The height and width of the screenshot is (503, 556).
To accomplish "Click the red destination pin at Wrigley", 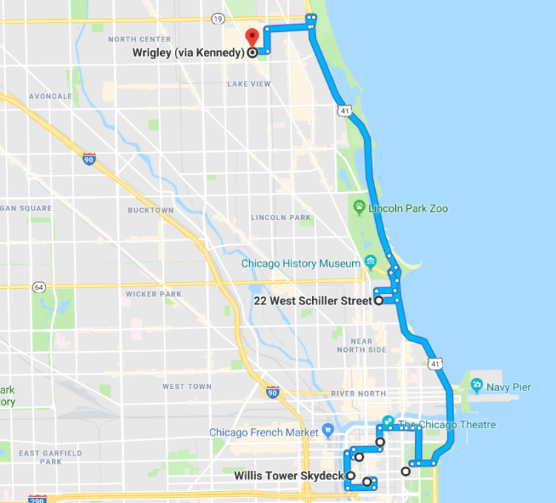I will pyautogui.click(x=251, y=37).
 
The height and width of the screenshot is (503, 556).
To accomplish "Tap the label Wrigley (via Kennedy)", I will pyautogui.click(x=189, y=53).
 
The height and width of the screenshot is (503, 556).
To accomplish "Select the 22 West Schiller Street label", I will pyautogui.click(x=312, y=301).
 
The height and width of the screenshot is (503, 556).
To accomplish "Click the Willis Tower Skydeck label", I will pyautogui.click(x=288, y=476).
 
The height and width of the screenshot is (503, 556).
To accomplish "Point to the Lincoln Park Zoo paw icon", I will pyautogui.click(x=360, y=207).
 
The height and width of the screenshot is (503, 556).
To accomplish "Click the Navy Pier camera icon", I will pyautogui.click(x=476, y=386).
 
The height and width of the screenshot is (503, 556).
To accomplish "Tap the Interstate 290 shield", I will pyautogui.click(x=38, y=499).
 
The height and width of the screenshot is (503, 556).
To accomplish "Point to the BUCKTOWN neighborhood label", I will pyautogui.click(x=150, y=210).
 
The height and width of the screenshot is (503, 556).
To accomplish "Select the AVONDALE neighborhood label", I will pyautogui.click(x=50, y=96).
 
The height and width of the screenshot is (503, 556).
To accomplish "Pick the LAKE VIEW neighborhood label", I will pyautogui.click(x=249, y=84).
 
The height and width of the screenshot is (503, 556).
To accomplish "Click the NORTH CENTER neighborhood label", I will pyautogui.click(x=139, y=39).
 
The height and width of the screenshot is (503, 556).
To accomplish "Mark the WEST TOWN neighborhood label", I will pyautogui.click(x=187, y=387).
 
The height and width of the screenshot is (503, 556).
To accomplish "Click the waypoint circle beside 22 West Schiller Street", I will pyautogui.click(x=379, y=301).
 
